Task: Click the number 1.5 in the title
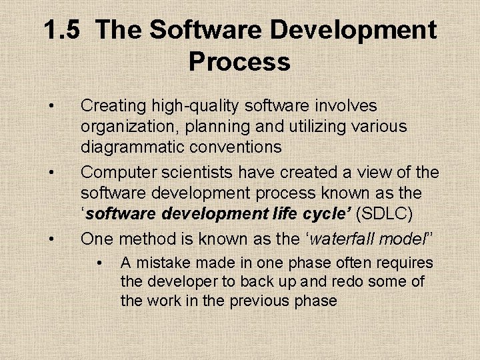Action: coord(63,31)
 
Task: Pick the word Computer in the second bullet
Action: coord(113,173)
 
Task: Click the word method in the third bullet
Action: coord(147,237)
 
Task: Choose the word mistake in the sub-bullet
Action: coord(167,263)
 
